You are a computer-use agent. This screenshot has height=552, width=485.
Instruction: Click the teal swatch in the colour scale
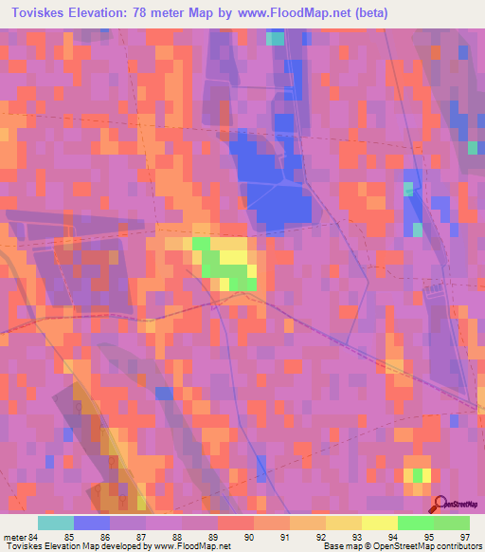click(x=56, y=524)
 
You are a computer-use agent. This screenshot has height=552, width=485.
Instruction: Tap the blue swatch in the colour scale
click(x=92, y=524)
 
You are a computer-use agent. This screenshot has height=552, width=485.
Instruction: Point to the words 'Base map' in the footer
click(x=339, y=545)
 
